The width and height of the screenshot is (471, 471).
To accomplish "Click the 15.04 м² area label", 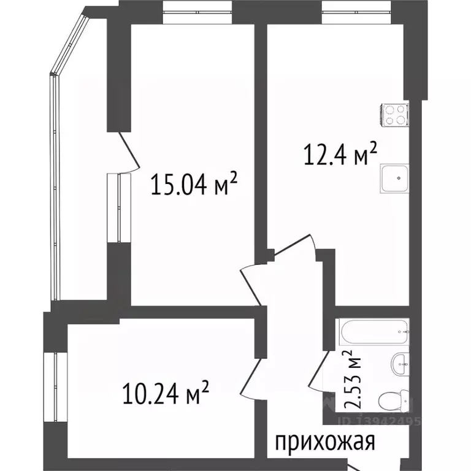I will point(194,185).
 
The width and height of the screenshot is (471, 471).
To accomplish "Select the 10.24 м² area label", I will point(167,393).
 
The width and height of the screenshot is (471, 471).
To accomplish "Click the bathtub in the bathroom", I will point(373,333).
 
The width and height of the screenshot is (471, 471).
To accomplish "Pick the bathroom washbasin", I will point(399,364).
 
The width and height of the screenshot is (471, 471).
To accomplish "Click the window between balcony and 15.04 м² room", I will point(113,208).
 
